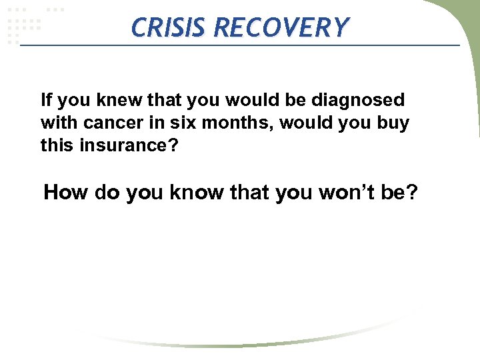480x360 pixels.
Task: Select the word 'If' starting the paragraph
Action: [46, 101]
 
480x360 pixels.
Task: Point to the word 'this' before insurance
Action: [58, 145]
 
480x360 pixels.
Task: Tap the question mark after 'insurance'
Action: [175, 145]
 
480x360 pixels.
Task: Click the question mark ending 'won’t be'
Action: [411, 193]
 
